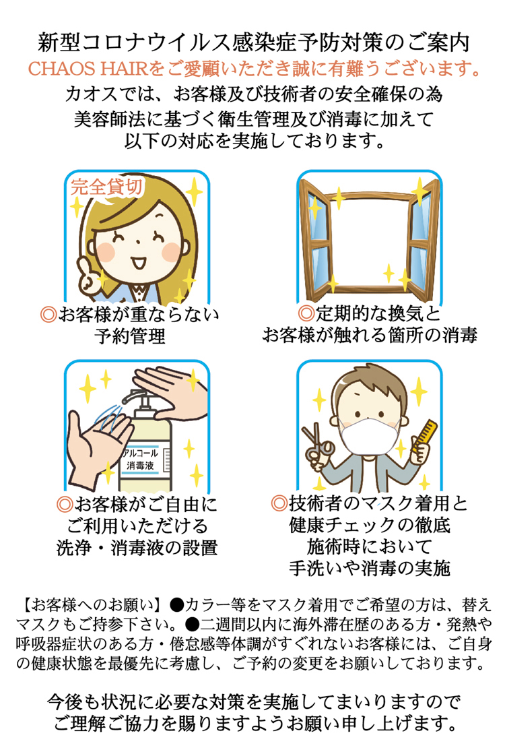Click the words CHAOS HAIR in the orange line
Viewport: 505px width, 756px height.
click(x=88, y=69)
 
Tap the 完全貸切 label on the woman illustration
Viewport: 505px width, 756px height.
click(x=106, y=187)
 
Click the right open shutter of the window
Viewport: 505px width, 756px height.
click(x=424, y=239)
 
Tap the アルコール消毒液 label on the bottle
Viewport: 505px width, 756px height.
click(x=140, y=460)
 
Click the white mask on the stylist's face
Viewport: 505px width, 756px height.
click(x=367, y=437)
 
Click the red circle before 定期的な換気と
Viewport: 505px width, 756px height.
click(x=306, y=313)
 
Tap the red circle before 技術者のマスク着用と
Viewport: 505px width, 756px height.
click(x=279, y=503)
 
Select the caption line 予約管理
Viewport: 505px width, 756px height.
click(x=130, y=336)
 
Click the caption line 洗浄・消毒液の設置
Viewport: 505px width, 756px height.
click(x=137, y=548)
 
